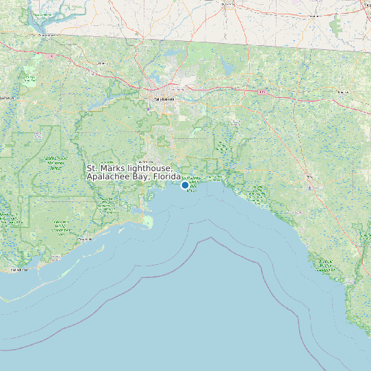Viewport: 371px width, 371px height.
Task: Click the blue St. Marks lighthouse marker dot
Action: pos(185,185)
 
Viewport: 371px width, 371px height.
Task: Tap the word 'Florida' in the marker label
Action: pos(167,177)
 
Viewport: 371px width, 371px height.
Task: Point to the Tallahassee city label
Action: pos(164,99)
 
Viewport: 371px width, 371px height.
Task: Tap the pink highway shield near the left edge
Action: pos(51,53)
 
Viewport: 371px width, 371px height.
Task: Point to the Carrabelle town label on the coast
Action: pos(86,240)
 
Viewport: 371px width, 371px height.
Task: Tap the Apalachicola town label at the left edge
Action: pos(17,270)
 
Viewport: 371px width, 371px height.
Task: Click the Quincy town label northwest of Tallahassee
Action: pos(103,64)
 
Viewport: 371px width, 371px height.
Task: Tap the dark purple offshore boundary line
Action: pos(205,240)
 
